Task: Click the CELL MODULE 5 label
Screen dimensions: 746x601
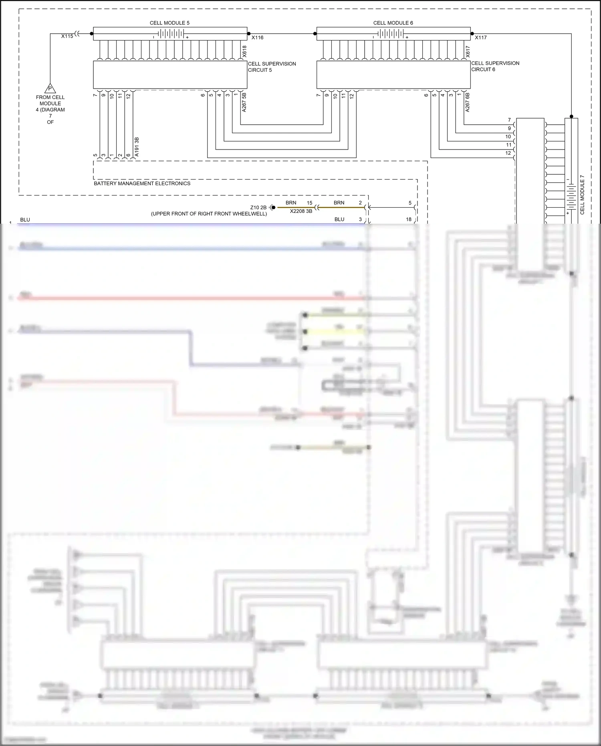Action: point(169,23)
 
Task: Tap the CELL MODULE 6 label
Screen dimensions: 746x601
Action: point(393,23)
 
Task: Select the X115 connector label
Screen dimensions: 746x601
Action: point(67,36)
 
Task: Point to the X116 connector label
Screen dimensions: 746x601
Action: point(258,38)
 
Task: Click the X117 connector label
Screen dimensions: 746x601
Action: point(481,38)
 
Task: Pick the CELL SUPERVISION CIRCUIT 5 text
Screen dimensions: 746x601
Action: point(272,67)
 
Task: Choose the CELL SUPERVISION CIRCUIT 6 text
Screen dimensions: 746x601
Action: point(495,66)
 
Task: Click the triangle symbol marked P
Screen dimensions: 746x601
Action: point(50,88)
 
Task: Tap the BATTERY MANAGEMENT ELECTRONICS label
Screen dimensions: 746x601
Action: point(142,184)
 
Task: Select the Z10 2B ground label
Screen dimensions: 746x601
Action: point(258,208)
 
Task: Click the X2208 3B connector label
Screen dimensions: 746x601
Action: point(301,211)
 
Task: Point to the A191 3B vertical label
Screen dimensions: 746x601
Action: point(137,147)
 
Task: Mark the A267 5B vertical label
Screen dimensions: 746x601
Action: point(244,102)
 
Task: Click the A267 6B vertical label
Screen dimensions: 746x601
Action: point(468,102)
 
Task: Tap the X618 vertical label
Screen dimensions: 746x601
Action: point(244,51)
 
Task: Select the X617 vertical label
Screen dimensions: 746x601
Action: point(468,51)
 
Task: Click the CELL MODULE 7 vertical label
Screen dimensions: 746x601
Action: point(582,194)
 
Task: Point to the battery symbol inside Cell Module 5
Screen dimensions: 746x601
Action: point(170,34)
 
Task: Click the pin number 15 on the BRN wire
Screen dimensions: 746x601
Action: point(309,203)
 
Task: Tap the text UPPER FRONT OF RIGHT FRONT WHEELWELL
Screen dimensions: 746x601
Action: point(209,214)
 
